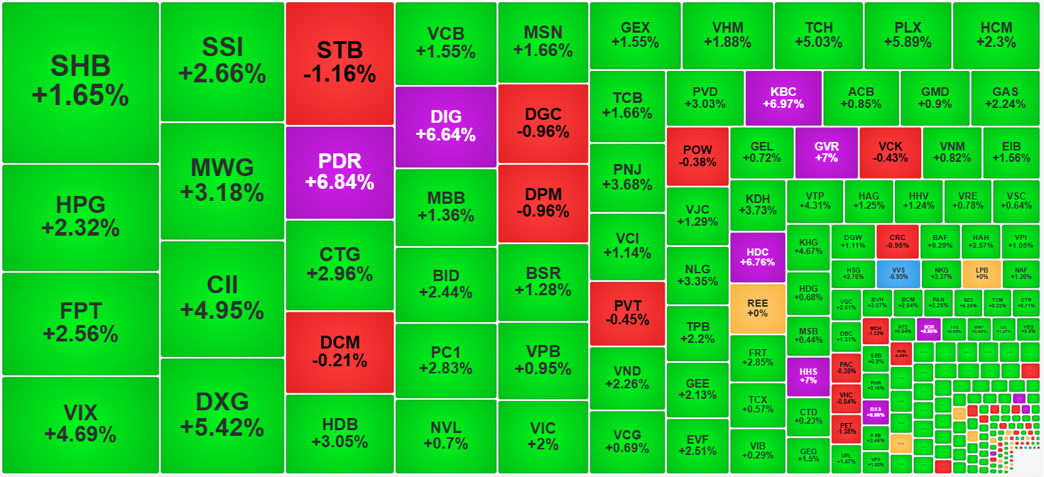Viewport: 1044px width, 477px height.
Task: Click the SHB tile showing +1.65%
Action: pyautogui.click(x=80, y=82)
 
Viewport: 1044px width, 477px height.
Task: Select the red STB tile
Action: pyautogui.click(x=339, y=62)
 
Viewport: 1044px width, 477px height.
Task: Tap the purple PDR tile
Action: pyautogui.click(x=339, y=172)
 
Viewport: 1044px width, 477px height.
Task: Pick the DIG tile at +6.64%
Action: pyautogui.click(x=445, y=126)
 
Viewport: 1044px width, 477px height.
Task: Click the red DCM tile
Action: pyautogui.click(x=339, y=351)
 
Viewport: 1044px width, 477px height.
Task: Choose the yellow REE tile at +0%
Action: pyautogui.click(x=758, y=308)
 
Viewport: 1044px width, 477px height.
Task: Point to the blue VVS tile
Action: pyautogui.click(x=898, y=273)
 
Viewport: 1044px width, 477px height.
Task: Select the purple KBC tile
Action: pyautogui.click(x=783, y=98)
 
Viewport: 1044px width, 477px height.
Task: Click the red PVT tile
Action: pyautogui.click(x=627, y=313)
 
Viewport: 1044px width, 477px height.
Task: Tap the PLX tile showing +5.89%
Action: pyautogui.click(x=908, y=35)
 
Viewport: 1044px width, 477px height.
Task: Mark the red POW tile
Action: pyautogui.click(x=697, y=156)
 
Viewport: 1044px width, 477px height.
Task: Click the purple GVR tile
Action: pyautogui.click(x=827, y=152)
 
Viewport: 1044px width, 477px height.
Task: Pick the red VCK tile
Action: pyautogui.click(x=890, y=152)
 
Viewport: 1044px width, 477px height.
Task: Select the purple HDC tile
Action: pyautogui.click(x=758, y=257)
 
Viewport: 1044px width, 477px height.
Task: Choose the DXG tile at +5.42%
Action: pyautogui.click(x=222, y=415)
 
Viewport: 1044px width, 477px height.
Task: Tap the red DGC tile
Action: pyautogui.click(x=543, y=123)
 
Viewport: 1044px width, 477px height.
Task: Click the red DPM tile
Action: pyautogui.click(x=543, y=203)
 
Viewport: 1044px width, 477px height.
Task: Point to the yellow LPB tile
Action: pyautogui.click(x=982, y=273)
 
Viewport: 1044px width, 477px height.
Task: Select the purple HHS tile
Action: pyautogui.click(x=808, y=376)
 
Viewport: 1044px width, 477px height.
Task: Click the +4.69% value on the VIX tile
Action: pyautogui.click(x=80, y=434)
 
